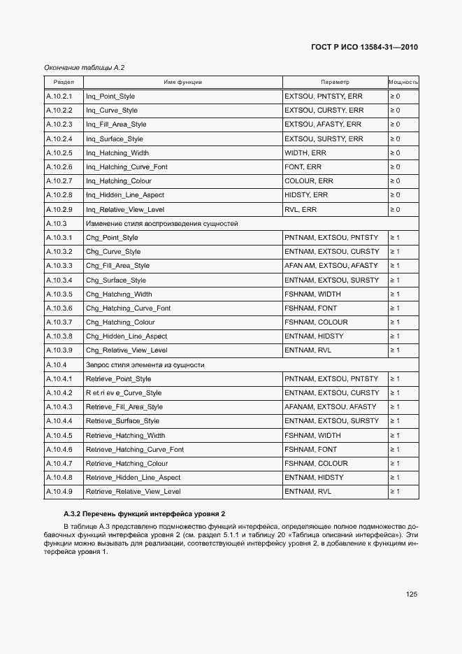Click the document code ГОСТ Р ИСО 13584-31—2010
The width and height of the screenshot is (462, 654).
coord(364,48)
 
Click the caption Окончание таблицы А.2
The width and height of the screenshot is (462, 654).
coord(84,67)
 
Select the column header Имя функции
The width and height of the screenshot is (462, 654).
coord(182,82)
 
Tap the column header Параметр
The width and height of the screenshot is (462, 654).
coord(335,82)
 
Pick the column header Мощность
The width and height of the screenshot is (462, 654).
coord(403,82)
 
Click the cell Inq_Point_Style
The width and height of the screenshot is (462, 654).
coord(110,96)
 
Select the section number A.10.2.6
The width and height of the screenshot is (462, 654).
coord(59,167)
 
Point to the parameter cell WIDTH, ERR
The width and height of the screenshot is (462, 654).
coord(305,152)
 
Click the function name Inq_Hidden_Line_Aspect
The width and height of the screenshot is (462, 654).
coord(125,195)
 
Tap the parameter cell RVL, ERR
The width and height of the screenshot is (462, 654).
coord(301,209)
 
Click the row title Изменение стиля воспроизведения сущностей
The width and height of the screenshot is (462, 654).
coord(161,224)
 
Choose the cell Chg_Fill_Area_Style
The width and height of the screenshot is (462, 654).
coord(117,266)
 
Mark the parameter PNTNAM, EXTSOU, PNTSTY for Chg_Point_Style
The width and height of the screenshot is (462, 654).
coord(331,238)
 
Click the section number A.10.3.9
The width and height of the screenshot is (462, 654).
coord(59,350)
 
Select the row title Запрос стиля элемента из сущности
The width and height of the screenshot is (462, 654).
coord(145,365)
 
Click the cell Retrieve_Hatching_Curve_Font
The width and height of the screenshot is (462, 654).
coord(134,450)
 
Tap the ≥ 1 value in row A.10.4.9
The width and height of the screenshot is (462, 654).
coord(394,492)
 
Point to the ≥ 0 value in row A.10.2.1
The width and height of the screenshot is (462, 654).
coord(394,96)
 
